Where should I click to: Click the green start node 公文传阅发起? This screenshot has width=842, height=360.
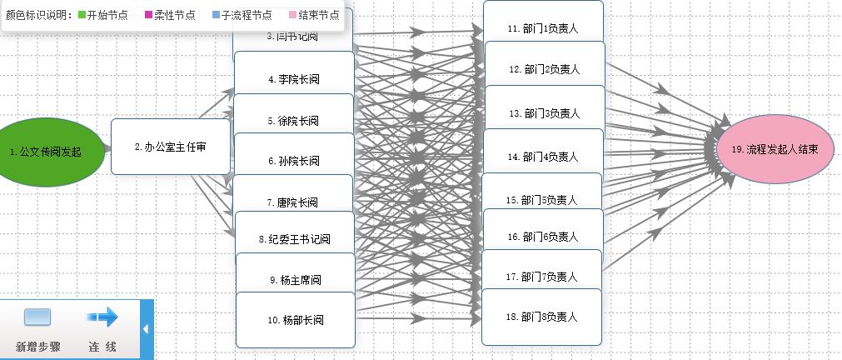coord(51,151)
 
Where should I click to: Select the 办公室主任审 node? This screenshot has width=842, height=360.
coord(170,147)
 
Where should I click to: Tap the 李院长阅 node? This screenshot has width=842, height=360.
coord(294,78)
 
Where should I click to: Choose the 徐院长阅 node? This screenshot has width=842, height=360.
coord(293,119)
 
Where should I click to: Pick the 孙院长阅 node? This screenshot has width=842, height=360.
coord(293,160)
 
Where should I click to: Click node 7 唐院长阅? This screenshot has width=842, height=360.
coord(293,201)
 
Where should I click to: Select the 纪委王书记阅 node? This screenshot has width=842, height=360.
coord(295,239)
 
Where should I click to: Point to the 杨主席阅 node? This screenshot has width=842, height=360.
coord(295,279)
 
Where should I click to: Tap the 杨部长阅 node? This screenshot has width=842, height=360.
coord(296,319)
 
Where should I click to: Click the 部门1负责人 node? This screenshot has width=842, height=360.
coord(543,27)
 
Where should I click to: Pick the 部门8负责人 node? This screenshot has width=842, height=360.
coord(542,316)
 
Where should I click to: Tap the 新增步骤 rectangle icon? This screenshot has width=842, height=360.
coord(37,317)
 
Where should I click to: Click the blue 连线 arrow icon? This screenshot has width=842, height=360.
coord(102,317)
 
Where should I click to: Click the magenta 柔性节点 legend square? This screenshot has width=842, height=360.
coord(147,15)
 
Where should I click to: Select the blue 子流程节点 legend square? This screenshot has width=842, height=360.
coord(215,15)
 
